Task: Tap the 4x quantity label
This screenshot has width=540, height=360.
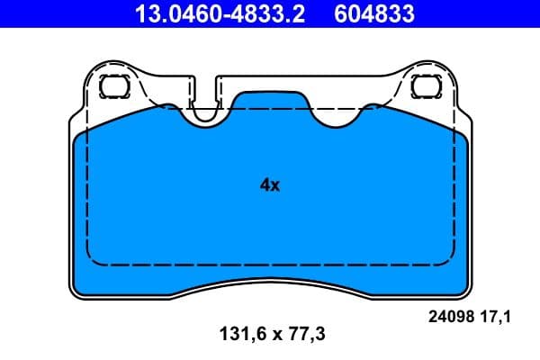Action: [270, 185]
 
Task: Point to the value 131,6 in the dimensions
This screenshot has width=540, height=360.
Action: [232, 334]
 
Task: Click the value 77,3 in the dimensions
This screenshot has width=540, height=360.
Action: [306, 334]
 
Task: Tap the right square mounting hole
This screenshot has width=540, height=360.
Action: [423, 86]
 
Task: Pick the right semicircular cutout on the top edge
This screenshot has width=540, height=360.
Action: [335, 114]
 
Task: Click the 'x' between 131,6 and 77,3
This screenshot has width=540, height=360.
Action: [270, 334]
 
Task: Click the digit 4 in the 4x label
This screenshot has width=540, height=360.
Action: [265, 185]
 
